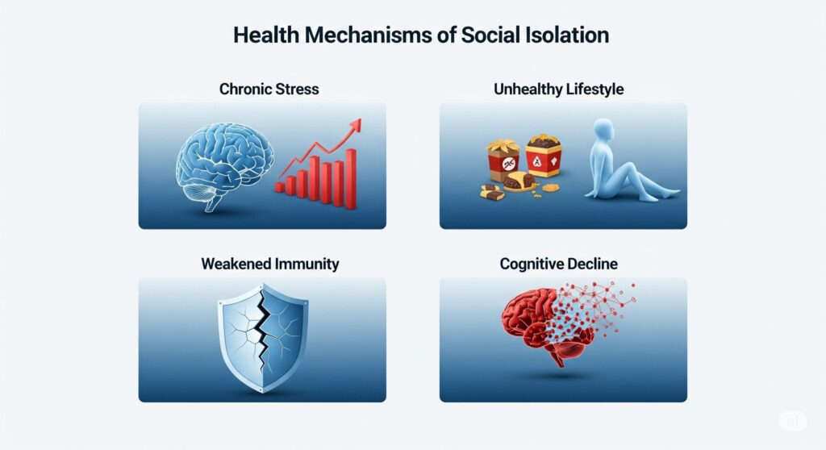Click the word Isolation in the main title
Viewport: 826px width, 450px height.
567,35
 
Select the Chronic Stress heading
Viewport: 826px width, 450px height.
269,89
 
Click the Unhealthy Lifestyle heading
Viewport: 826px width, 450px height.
558,89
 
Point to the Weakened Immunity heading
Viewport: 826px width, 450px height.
269,264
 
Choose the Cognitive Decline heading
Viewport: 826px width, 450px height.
558,264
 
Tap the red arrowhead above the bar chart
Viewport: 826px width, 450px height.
356,125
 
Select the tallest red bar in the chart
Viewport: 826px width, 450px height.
350,179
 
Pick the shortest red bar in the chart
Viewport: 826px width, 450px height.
280,187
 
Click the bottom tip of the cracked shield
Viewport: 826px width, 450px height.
263,392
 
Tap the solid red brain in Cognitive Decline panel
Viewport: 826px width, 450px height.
532,324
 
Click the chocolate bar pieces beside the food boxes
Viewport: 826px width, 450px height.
492,192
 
